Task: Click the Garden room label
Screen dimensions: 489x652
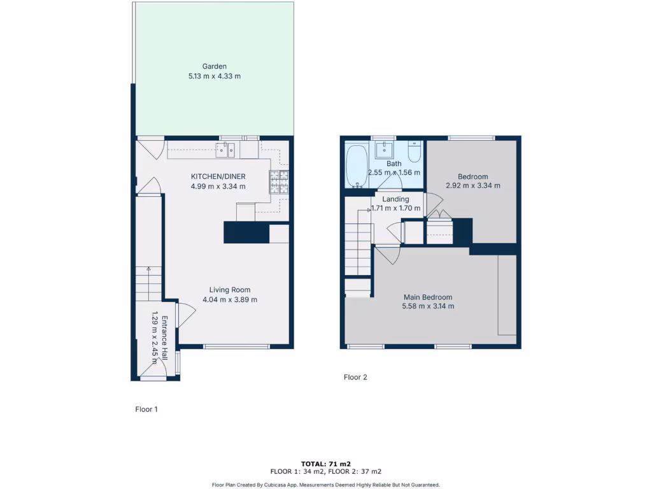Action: click(215, 66)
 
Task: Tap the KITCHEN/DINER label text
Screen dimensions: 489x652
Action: click(218, 176)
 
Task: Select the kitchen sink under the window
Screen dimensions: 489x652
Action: click(225, 150)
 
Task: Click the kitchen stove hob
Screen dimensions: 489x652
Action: click(278, 182)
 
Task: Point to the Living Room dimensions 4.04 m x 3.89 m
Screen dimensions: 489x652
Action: click(230, 299)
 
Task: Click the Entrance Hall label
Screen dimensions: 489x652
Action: click(164, 331)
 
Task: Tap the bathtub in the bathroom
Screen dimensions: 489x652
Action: click(356, 166)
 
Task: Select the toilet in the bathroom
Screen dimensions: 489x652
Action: click(414, 153)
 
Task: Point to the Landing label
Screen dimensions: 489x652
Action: click(395, 199)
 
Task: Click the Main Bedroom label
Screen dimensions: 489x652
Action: click(428, 297)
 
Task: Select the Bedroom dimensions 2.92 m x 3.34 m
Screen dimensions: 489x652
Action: click(472, 186)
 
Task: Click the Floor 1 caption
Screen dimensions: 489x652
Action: click(146, 409)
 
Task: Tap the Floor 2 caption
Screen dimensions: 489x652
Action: click(355, 377)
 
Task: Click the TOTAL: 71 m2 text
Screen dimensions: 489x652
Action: click(326, 464)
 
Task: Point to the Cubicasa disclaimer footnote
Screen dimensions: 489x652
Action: click(326, 485)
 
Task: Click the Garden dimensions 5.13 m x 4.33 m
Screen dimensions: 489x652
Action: click(215, 76)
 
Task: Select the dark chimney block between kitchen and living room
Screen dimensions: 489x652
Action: click(246, 232)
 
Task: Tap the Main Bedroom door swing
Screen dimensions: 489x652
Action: click(387, 255)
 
